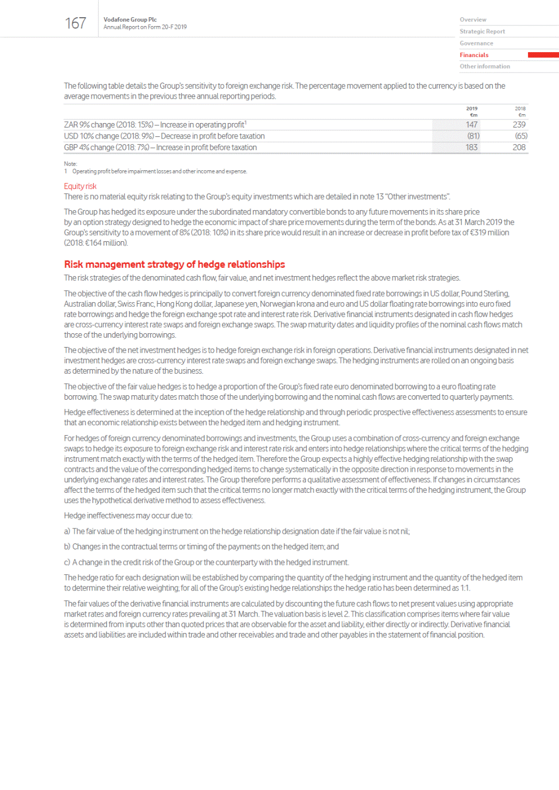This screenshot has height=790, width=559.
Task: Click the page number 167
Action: [x=75, y=23]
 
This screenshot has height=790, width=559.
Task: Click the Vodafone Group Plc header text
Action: [x=130, y=19]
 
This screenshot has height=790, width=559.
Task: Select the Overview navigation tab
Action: [x=472, y=19]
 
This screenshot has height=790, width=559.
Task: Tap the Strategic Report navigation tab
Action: [x=482, y=32]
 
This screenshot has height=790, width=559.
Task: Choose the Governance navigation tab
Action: [x=476, y=43]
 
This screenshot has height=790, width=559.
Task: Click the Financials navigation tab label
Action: [x=474, y=55]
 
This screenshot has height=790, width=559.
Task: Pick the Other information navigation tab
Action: [x=484, y=67]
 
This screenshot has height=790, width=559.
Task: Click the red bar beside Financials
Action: [x=543, y=55]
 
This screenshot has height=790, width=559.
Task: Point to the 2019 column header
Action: [x=472, y=109]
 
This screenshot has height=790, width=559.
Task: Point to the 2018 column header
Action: [x=520, y=109]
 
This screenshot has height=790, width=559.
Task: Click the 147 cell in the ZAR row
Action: [x=471, y=125]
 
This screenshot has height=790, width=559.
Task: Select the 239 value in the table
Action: [x=519, y=125]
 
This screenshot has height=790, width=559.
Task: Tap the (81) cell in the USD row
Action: [x=472, y=136]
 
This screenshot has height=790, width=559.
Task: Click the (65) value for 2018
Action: [x=521, y=136]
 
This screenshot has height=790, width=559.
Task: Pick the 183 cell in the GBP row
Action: [x=471, y=147]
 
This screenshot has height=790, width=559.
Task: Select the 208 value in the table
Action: [x=519, y=147]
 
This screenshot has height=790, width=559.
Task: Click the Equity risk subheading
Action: [x=80, y=186]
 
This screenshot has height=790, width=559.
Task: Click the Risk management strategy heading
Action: [x=174, y=264]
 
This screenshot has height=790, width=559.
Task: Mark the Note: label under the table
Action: [x=70, y=164]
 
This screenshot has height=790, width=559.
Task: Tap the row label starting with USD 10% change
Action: [x=164, y=136]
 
